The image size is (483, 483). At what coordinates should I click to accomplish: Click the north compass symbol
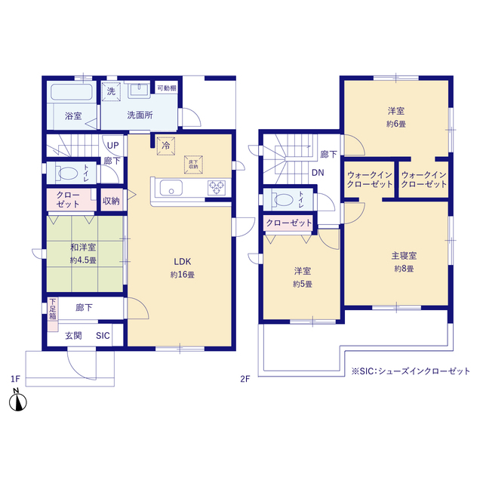pos(18,401)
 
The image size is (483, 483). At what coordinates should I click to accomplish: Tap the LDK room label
pos(183,262)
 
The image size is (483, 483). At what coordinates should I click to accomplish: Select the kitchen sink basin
pos(171,188)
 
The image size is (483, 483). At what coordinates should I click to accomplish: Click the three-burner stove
pos(217,188)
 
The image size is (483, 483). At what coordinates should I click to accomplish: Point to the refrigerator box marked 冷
pos(166,146)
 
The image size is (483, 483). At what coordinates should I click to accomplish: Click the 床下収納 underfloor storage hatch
pos(193,165)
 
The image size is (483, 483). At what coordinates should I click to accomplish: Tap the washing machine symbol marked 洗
pos(111,91)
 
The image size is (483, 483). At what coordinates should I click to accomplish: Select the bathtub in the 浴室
pos(72,92)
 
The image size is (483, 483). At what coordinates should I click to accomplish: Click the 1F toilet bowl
pos(67,174)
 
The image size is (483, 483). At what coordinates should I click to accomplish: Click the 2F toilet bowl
pos(284,200)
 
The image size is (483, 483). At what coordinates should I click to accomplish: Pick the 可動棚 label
pos(167,88)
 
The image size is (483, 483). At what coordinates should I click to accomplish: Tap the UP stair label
pos(112,146)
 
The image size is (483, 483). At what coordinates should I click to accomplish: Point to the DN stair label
pos(318,173)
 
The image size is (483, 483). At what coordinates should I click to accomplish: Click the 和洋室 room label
pos(83,247)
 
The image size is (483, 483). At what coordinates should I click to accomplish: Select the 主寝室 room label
pos(404,256)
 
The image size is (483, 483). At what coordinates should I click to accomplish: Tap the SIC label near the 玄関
pos(103,335)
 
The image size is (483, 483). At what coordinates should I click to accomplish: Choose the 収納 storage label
pos(111,201)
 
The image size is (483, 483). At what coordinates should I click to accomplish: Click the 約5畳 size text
pos(303,284)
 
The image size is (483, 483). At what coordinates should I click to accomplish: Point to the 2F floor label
pos(245,379)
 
